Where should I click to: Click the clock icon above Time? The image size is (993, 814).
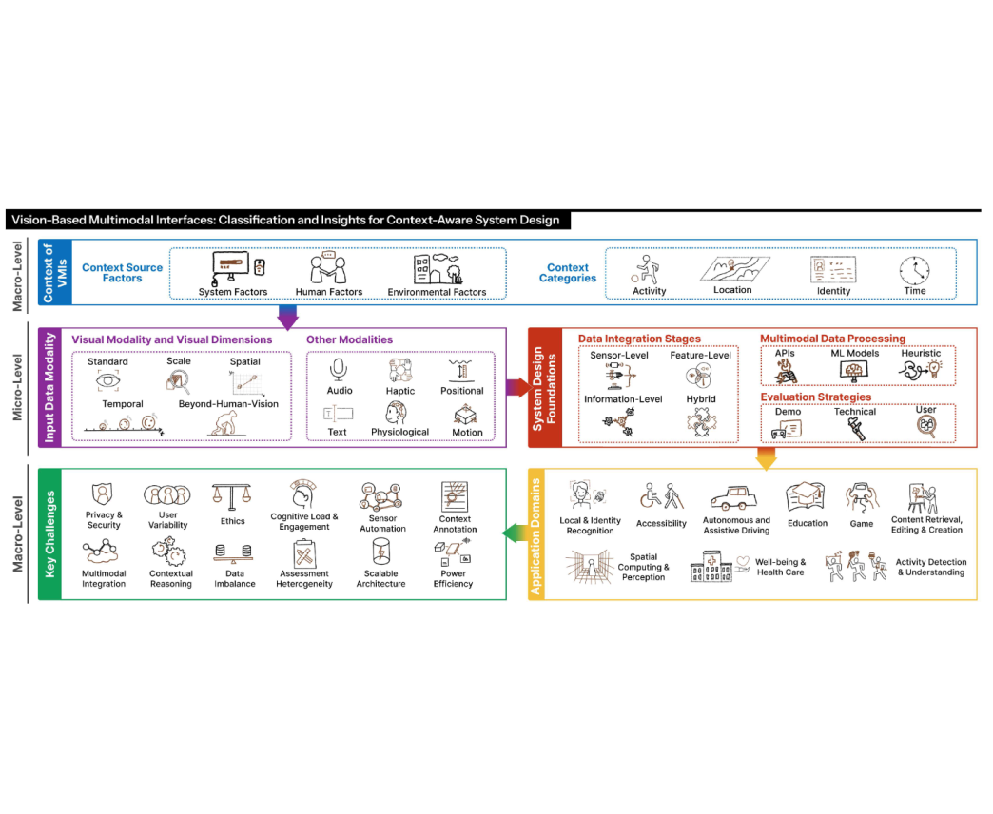(x=914, y=270)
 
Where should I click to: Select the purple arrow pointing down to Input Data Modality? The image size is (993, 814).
(x=287, y=317)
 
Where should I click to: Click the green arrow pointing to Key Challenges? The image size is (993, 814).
(x=515, y=533)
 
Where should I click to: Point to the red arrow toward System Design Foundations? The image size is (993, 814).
(x=517, y=387)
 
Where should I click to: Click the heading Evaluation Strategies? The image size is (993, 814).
(x=815, y=397)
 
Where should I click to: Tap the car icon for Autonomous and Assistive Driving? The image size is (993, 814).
(x=735, y=497)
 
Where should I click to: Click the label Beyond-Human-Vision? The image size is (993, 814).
(x=228, y=404)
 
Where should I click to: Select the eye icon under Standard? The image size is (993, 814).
(x=107, y=381)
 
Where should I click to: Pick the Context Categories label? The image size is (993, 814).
(x=569, y=273)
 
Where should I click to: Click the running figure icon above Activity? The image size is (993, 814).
(x=649, y=269)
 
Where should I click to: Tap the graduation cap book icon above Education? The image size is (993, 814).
(x=807, y=497)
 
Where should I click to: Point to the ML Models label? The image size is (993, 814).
(x=855, y=354)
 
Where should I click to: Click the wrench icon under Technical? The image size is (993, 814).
(x=853, y=430)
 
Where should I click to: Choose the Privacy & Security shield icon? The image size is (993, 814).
(x=103, y=494)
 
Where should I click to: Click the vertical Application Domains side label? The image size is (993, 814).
(x=536, y=534)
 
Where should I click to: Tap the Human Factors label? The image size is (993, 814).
(x=330, y=292)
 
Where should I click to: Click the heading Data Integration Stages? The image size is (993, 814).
(x=639, y=339)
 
